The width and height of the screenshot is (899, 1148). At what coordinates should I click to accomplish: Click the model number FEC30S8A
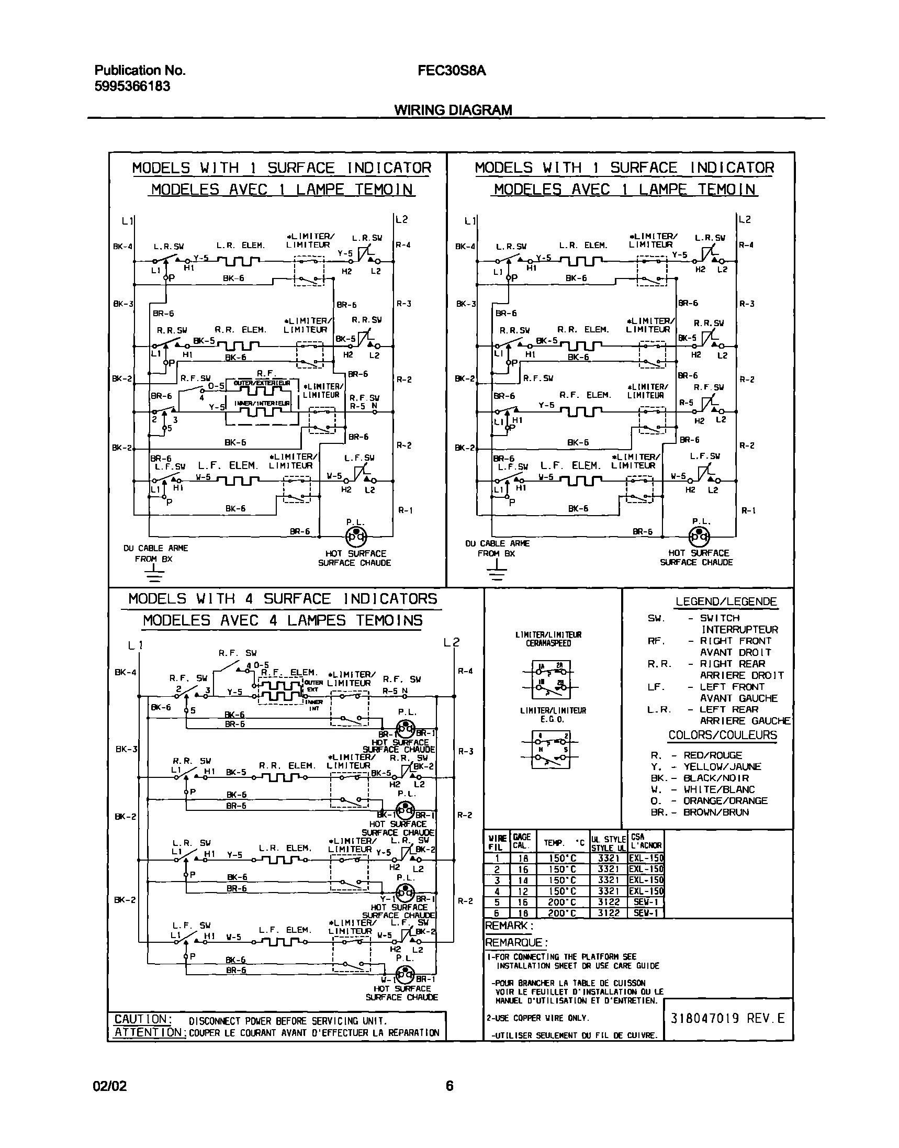[452, 71]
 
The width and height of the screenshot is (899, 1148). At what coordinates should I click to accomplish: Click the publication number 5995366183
[132, 86]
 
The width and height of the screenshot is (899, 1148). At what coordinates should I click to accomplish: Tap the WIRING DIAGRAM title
[453, 109]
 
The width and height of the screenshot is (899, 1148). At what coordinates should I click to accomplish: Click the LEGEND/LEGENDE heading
[726, 601]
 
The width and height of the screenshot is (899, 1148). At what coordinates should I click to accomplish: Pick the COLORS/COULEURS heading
[722, 735]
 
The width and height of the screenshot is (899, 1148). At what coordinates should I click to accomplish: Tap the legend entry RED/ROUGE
[712, 755]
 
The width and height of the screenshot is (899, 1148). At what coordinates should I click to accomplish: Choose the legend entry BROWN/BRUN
[715, 812]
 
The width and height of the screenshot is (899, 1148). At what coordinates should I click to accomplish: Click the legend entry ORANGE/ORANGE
[725, 800]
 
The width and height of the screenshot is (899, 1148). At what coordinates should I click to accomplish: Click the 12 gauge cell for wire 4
[523, 891]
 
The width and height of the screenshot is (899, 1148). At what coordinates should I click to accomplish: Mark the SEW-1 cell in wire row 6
[646, 913]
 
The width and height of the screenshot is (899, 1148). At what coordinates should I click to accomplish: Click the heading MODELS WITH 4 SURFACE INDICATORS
[283, 599]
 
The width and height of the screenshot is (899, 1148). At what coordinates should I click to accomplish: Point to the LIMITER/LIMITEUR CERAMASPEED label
[548, 639]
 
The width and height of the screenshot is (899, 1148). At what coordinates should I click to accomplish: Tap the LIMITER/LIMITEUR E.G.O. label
[552, 715]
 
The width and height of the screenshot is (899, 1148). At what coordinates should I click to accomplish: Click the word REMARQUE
[516, 942]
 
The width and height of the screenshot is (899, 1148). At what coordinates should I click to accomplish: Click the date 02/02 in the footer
[110, 1086]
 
